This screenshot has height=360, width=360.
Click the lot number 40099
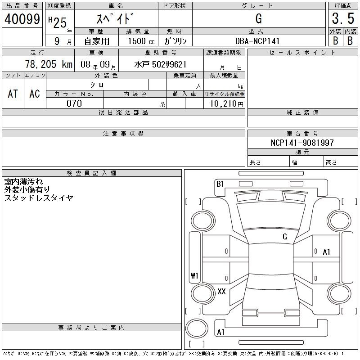tap(22, 19)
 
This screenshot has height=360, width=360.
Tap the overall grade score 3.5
tap(343, 18)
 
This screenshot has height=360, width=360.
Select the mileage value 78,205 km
tap(49, 64)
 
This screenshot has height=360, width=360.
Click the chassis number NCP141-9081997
tap(302, 143)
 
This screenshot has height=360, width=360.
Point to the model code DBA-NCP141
tap(257, 41)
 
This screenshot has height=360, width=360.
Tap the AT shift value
tap(13, 94)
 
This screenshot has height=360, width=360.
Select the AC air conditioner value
tap(35, 94)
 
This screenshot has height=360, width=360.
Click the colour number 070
tap(74, 103)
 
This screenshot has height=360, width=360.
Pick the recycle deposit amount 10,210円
tap(226, 103)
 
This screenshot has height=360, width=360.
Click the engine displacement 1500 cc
tap(141, 41)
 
